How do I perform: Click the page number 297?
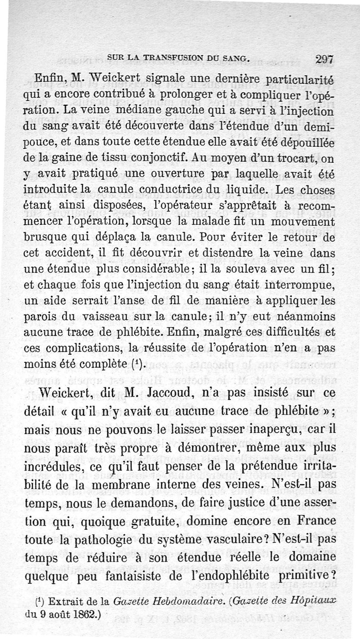point(324,59)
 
